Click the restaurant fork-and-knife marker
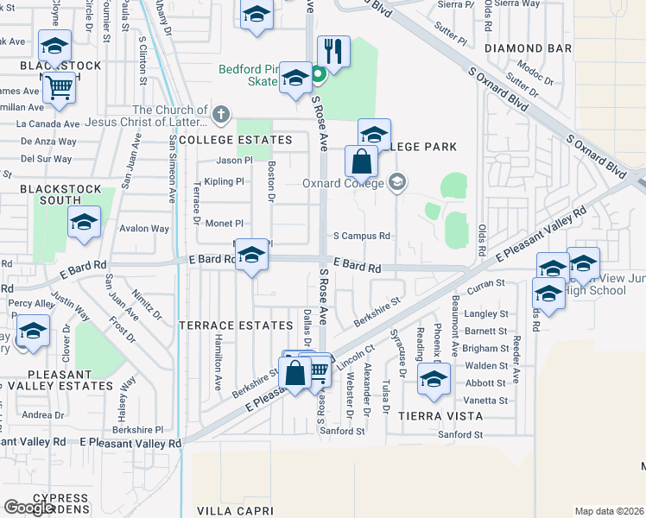[x=332, y=52]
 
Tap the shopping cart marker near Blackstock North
[x=59, y=86]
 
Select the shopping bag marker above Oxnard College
[x=361, y=161]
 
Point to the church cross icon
[x=221, y=111]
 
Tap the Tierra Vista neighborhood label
[x=440, y=416]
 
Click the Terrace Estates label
[x=236, y=325]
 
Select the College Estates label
[x=248, y=140]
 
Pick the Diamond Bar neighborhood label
[x=529, y=48]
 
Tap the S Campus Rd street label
[x=362, y=236]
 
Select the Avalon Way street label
[x=144, y=229]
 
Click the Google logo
[x=29, y=508]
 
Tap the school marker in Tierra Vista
[x=434, y=379]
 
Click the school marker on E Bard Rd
[x=251, y=255]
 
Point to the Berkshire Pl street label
[x=138, y=429]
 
